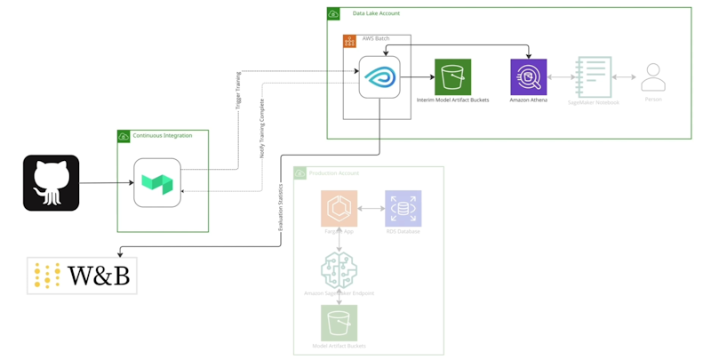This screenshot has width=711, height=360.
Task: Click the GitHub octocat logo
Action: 51,183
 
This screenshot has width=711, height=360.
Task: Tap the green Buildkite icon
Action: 157,182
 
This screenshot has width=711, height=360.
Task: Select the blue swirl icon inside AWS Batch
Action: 379,77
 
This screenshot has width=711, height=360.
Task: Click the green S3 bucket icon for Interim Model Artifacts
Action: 452,77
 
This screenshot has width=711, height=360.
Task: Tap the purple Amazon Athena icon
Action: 529,77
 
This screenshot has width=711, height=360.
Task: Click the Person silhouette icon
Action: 653,77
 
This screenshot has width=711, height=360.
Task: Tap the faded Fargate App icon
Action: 340,208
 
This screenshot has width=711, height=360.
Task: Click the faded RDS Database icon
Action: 403,208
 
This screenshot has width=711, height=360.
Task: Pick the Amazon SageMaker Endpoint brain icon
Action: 340,268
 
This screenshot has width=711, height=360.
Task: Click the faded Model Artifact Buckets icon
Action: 340,324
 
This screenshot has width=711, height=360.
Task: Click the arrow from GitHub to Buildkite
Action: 107,183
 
